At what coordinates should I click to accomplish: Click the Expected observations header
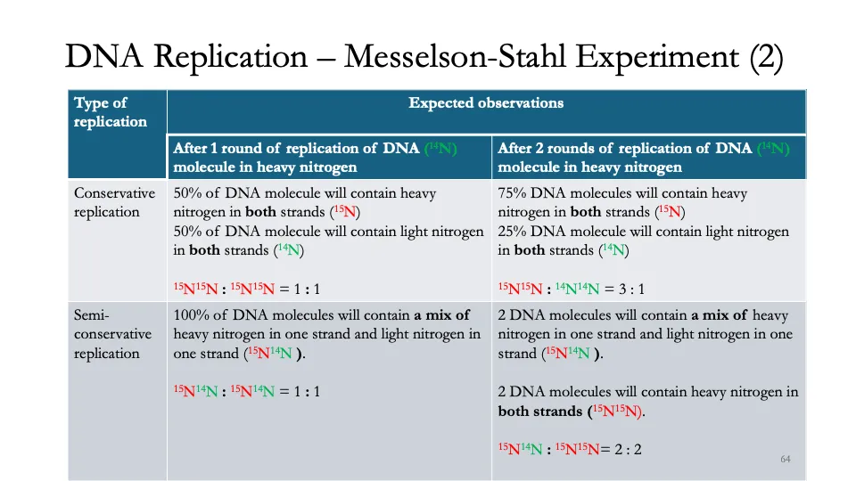coord(486,103)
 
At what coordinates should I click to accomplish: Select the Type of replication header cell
coord(111,112)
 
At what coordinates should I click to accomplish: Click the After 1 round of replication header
coord(315,158)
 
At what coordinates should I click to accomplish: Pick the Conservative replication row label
coord(114,202)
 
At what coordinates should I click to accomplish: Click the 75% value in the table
coord(514,193)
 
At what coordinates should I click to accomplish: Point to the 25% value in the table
coord(514,232)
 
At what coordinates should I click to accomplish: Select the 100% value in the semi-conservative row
coord(193,315)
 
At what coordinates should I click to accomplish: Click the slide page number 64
coord(786,460)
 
